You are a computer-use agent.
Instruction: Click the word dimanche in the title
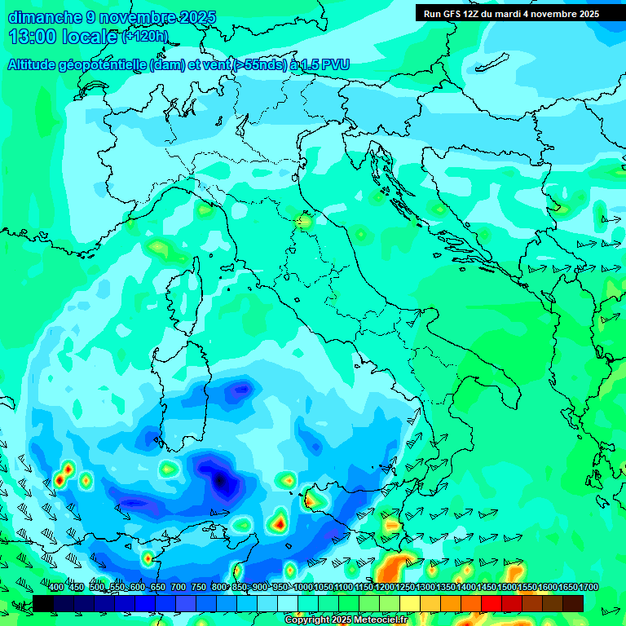pos(45,17)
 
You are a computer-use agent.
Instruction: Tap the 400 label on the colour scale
pos(56,588)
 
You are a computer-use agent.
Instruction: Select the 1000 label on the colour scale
pos(303,588)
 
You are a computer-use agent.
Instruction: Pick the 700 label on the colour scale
pos(178,588)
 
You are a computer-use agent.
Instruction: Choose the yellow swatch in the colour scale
pos(410,603)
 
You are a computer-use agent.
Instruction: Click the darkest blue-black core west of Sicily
pos(220,482)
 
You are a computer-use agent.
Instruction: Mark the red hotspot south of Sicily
pos(280,522)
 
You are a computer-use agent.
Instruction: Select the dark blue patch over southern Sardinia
pos(240,390)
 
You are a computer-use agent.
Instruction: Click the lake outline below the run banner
pos(493,62)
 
